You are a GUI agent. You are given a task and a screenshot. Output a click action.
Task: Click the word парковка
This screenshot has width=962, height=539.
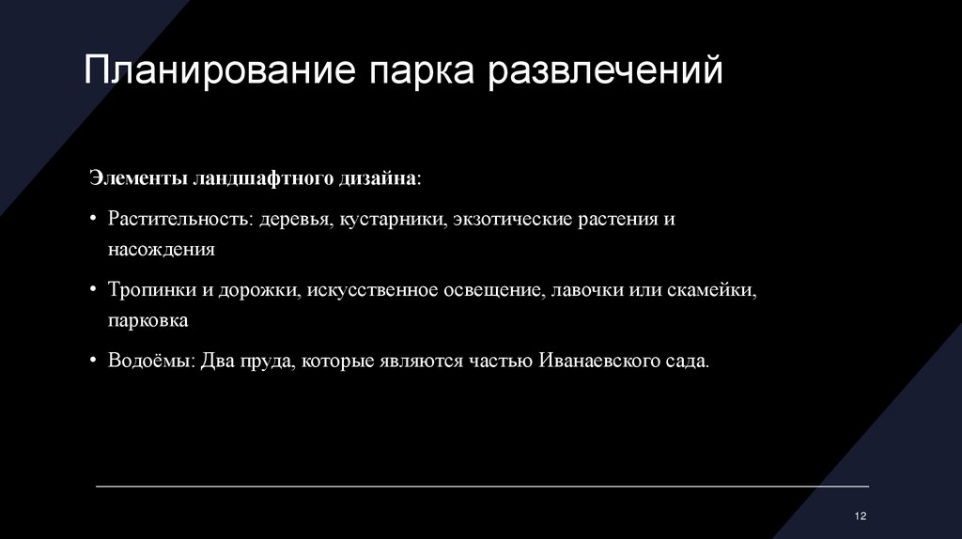click(147, 320)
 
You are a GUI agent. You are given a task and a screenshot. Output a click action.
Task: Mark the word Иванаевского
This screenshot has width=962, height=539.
click(599, 362)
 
